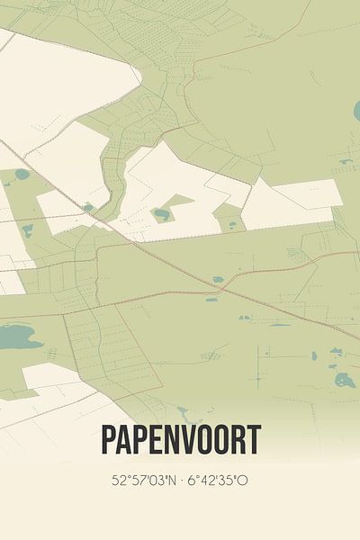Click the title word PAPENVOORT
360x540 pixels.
tap(180, 441)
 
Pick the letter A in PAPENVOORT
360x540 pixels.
tap(128, 441)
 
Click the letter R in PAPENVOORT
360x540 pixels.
tap(238, 441)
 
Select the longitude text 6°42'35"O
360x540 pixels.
tap(216, 480)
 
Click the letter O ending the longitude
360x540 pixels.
tap(244, 480)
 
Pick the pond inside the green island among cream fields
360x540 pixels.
tap(162, 214)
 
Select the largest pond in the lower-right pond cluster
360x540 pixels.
tap(345, 380)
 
